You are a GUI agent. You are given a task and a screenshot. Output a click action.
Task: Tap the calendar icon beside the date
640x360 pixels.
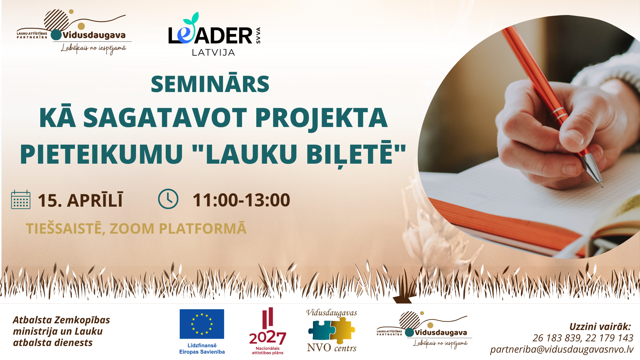point(21,200)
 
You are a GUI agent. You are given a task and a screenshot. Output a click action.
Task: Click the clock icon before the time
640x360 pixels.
point(168,199)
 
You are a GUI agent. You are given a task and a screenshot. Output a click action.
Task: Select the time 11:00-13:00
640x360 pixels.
point(241,200)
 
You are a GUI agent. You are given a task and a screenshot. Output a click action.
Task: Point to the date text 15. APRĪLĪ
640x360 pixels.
point(80,200)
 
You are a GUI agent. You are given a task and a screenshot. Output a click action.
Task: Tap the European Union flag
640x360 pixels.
point(202,324)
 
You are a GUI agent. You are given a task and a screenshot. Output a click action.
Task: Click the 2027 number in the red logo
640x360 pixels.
point(268,338)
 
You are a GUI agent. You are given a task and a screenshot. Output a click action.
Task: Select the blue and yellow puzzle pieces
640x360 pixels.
point(332,330)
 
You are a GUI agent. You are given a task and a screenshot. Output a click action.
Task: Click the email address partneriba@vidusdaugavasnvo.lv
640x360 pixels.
point(562,349)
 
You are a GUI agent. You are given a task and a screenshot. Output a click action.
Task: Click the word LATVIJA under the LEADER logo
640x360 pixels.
point(214,52)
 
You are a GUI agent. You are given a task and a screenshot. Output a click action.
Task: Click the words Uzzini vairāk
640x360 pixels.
point(600,327)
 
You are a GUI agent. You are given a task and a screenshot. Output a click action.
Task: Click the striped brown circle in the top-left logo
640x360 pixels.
point(56,20)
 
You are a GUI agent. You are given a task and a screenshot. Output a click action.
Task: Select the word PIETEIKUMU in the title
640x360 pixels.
point(102,154)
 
